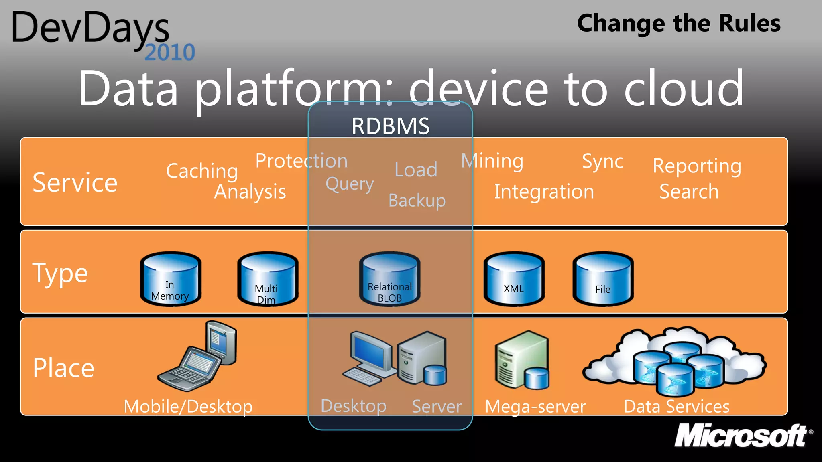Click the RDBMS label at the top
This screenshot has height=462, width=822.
pyautogui.click(x=391, y=126)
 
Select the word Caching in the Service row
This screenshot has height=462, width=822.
pyautogui.click(x=202, y=171)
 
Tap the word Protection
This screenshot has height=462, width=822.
pyautogui.click(x=301, y=161)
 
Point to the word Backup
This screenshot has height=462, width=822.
pyautogui.click(x=417, y=200)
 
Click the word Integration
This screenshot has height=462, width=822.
pyautogui.click(x=544, y=192)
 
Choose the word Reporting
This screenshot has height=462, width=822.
pyautogui.click(x=697, y=166)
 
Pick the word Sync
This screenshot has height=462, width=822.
pyautogui.click(x=602, y=162)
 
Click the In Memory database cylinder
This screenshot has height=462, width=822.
pyautogui.click(x=171, y=279)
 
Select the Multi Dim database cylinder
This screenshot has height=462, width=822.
pyautogui.click(x=268, y=279)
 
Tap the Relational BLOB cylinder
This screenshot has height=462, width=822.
pyautogui.click(x=390, y=279)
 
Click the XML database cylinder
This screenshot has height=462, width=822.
pyautogui.click(x=514, y=279)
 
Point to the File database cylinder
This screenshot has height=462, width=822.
pyautogui.click(x=603, y=279)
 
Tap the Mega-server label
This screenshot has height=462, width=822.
pyautogui.click(x=535, y=407)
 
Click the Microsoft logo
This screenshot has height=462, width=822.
pyautogui.click(x=741, y=436)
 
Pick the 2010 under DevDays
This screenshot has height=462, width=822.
pyautogui.click(x=170, y=53)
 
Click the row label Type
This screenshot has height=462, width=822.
pyautogui.click(x=60, y=274)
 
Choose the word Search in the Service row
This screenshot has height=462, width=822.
pyautogui.click(x=689, y=192)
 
